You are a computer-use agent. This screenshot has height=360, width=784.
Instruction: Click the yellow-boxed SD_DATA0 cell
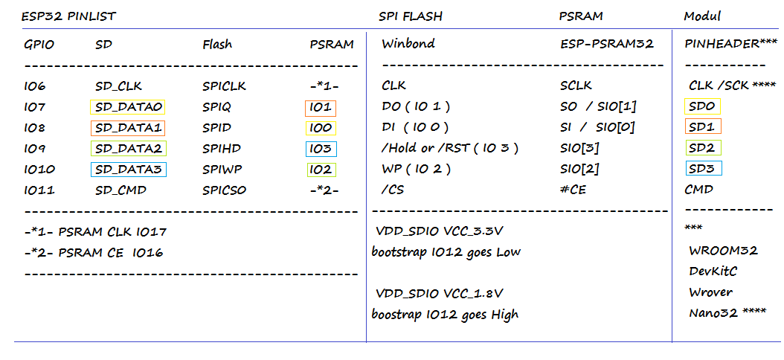pyautogui.click(x=127, y=107)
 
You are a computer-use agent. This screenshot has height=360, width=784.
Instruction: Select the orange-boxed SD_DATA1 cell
pyautogui.click(x=127, y=128)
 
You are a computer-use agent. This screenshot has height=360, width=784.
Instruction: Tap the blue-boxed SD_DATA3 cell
pyautogui.click(x=129, y=170)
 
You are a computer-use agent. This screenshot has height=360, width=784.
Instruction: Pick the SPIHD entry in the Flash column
pyautogui.click(x=220, y=149)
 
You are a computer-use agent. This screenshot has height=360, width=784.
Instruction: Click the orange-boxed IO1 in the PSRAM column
pyautogui.click(x=321, y=109)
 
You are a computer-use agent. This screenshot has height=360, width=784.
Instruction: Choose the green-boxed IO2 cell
pyautogui.click(x=321, y=170)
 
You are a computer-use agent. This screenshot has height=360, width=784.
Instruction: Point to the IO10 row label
pyautogui.click(x=39, y=170)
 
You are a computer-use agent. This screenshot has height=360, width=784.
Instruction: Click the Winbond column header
pyautogui.click(x=408, y=43)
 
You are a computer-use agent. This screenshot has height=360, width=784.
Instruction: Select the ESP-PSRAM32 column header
pyautogui.click(x=607, y=44)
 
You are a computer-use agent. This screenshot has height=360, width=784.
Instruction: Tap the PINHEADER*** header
pyautogui.click(x=724, y=44)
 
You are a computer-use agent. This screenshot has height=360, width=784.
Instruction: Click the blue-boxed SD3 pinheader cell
pyautogui.click(x=703, y=169)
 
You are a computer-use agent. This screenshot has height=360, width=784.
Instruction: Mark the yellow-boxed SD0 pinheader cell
pyautogui.click(x=703, y=106)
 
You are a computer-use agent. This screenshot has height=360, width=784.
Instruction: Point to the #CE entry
pyautogui.click(x=573, y=190)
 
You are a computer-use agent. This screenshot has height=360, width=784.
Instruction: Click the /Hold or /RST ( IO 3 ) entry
pyautogui.click(x=449, y=149)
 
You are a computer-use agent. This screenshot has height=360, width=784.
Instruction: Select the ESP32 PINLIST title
pyautogui.click(x=68, y=16)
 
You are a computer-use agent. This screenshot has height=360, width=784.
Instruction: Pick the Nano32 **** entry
pyautogui.click(x=727, y=313)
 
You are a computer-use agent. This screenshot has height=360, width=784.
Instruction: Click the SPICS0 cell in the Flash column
pyautogui.click(x=224, y=190)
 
